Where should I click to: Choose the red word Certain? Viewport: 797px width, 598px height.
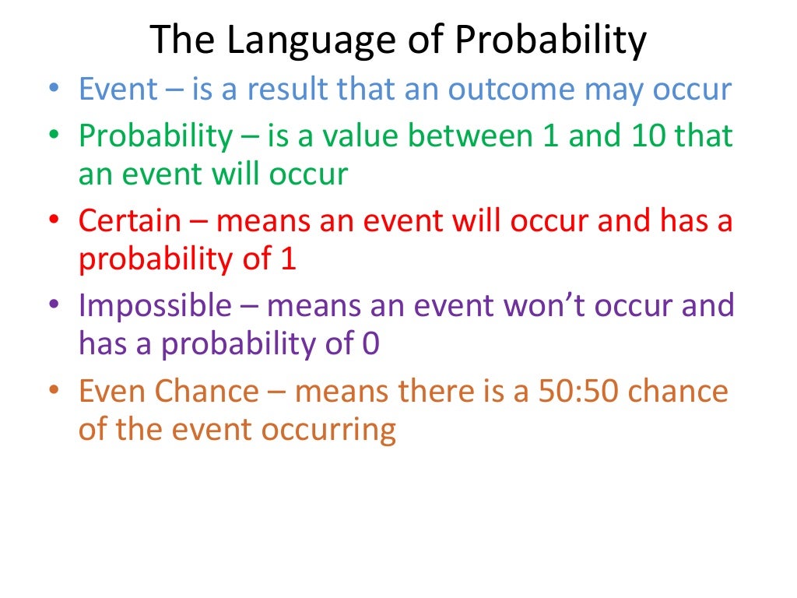pos(129,221)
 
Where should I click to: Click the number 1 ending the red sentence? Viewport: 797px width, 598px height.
pos(288,259)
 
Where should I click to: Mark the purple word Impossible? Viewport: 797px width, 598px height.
pos(155,306)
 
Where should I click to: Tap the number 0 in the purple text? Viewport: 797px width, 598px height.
pos(371,344)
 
